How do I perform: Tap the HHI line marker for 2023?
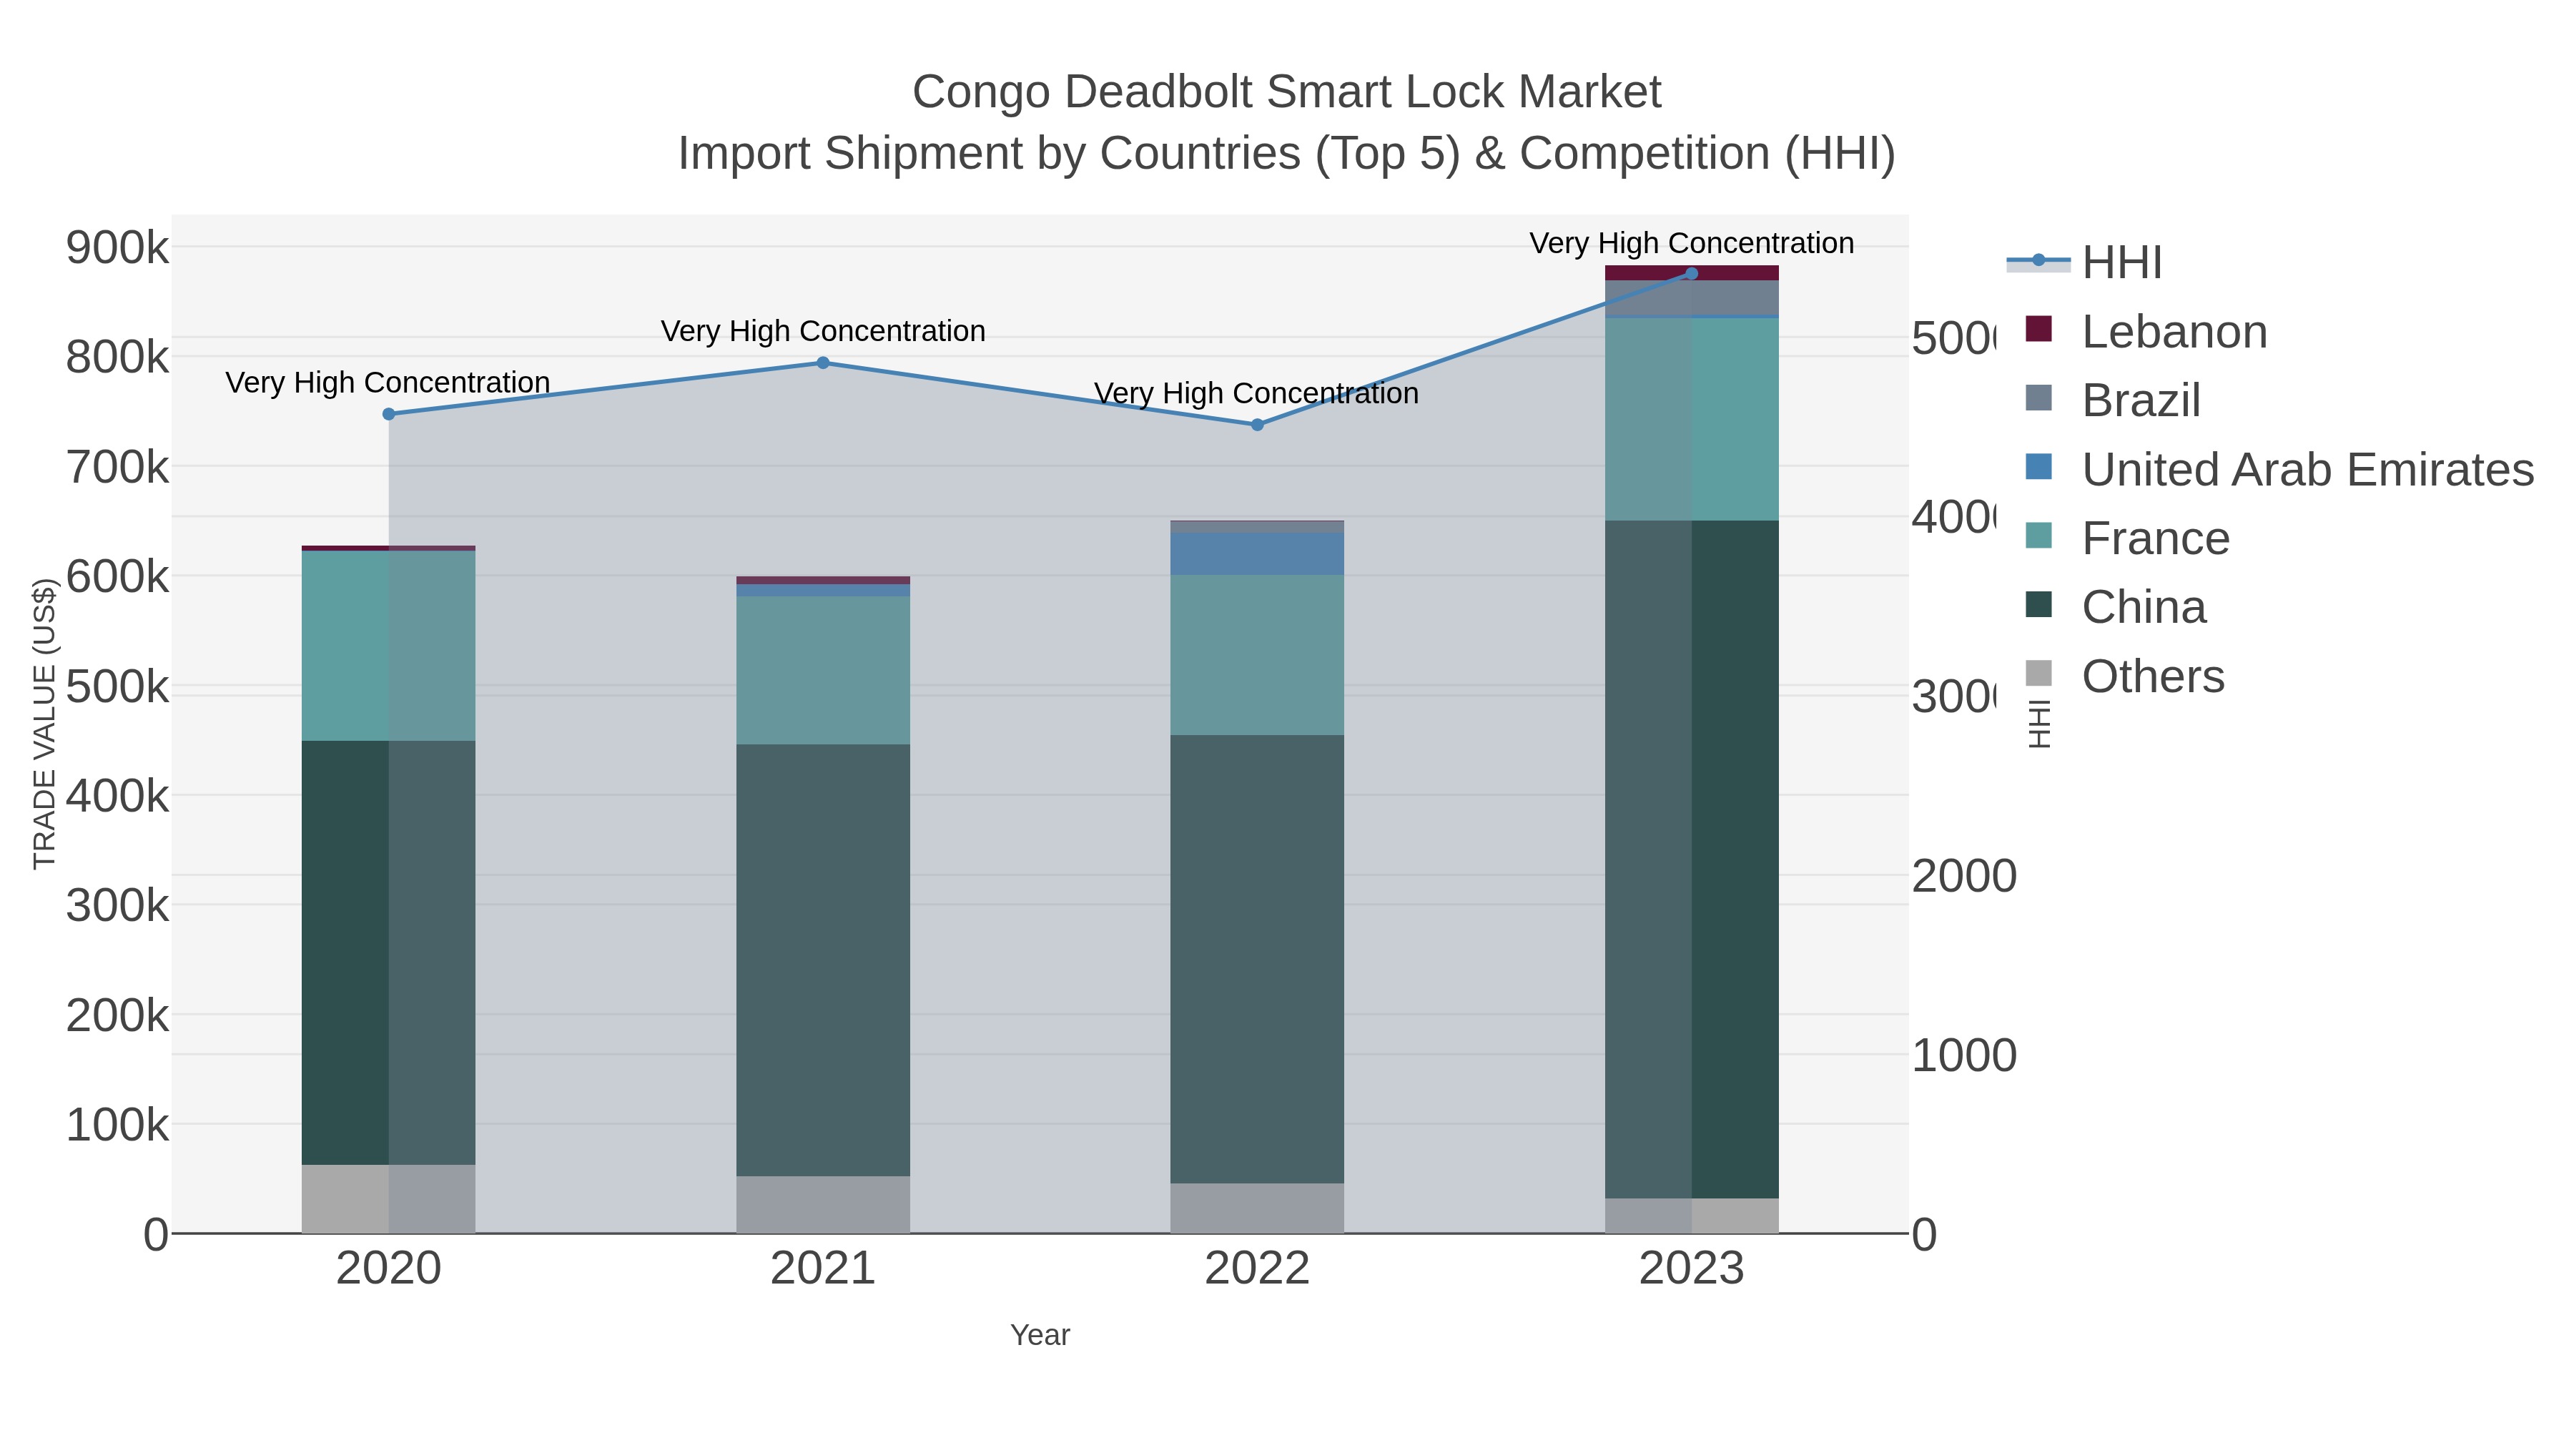[1691, 273]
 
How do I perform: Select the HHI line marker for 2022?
[1257, 425]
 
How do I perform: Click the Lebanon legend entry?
[2174, 332]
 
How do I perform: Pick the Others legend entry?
[2152, 676]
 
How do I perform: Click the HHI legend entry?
[2121, 263]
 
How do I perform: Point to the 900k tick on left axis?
[118, 248]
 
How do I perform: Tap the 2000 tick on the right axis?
[1963, 877]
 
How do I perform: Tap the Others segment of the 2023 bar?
[1691, 1215]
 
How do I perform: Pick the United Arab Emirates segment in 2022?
[1257, 553]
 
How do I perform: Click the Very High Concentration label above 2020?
[388, 383]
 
